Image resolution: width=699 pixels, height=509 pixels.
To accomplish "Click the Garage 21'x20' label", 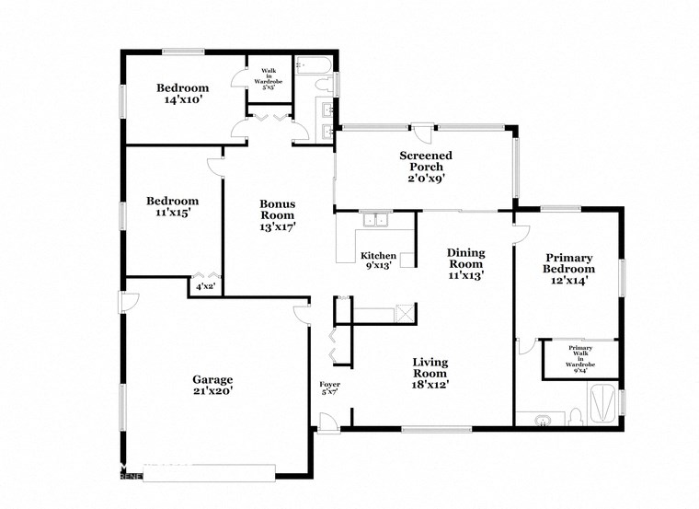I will (212, 385).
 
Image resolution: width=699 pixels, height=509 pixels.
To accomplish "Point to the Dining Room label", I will (465, 263).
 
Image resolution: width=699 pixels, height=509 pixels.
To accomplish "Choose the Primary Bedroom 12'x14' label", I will (569, 269).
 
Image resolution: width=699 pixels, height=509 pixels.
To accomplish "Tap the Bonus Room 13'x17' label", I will (277, 214).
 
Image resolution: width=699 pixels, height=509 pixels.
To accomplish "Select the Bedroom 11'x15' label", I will (173, 207).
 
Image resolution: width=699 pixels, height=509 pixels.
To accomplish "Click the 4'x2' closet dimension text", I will (205, 287).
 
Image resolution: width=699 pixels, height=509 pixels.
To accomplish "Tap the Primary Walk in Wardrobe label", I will (581, 356).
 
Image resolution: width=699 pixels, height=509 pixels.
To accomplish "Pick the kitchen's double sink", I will (375, 221).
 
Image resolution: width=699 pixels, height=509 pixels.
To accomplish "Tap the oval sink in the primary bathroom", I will (543, 422).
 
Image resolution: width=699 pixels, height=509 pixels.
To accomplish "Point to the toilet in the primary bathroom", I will (576, 416).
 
